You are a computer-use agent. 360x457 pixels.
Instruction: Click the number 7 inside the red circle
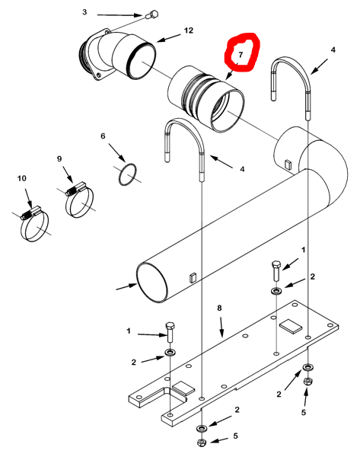click(241, 55)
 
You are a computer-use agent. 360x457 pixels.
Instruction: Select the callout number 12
click(189, 30)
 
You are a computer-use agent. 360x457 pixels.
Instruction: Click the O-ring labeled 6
click(127, 174)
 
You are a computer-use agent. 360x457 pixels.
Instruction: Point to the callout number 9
click(59, 159)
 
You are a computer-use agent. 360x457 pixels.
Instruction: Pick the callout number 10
click(22, 178)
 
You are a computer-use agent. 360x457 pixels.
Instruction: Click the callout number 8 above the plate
click(219, 308)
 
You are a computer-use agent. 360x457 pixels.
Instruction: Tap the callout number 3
click(84, 12)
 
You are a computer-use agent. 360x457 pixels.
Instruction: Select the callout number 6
click(103, 136)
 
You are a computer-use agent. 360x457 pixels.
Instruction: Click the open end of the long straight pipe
click(152, 282)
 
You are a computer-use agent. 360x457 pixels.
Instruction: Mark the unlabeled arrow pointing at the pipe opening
click(126, 286)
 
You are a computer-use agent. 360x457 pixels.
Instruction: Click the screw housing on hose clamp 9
click(75, 189)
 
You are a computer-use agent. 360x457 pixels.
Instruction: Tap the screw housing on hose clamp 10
click(30, 213)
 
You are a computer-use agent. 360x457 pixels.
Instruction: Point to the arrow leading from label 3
click(120, 15)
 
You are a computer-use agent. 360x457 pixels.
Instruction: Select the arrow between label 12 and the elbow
click(169, 38)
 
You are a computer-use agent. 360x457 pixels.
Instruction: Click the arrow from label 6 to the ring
click(117, 152)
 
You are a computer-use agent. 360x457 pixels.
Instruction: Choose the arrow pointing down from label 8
click(221, 328)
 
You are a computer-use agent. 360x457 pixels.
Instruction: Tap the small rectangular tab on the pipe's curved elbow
click(288, 164)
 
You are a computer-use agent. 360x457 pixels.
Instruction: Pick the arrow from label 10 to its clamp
click(29, 199)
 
